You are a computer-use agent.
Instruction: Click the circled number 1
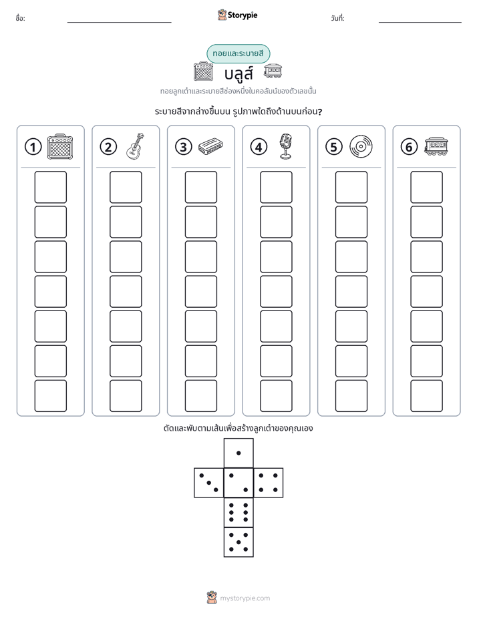coord(33,147)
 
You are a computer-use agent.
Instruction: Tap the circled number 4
coord(259,147)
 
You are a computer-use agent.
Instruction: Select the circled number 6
coord(409,147)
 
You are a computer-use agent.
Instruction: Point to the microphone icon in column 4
coord(286,146)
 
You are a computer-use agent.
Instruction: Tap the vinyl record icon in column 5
coord(361,146)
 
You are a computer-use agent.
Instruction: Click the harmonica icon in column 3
coord(210,146)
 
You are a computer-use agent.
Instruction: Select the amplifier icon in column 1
coord(60,146)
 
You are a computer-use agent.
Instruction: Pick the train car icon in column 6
coord(436,146)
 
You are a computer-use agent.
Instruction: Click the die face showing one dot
coord(238,453)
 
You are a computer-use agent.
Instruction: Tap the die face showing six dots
coord(238,512)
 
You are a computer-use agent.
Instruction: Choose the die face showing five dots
coord(238,542)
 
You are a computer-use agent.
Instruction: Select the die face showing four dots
coord(269,483)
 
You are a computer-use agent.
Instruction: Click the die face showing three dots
coord(209,483)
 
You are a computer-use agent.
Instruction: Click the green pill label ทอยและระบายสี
coord(238,54)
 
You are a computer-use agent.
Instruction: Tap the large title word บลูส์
coord(238,73)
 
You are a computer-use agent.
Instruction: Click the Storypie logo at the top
coord(237,15)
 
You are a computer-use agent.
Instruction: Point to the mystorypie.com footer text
coord(245,598)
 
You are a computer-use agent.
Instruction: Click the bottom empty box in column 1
coord(50,396)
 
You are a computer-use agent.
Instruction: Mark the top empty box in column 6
coord(427,187)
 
